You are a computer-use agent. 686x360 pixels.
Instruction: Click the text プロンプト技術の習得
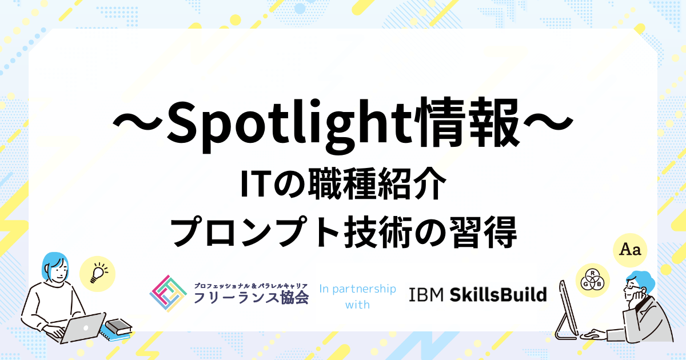pos(344,232)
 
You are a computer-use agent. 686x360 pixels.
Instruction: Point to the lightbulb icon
pos(98,273)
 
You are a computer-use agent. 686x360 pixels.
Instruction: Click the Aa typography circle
pos(630,250)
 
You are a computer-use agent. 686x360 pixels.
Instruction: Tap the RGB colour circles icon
pos(592,280)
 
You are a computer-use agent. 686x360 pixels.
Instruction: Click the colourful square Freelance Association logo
pos(168,293)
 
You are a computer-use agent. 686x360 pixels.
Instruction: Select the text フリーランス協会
pos(252,298)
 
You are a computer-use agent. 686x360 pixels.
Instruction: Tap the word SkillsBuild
pos(498,294)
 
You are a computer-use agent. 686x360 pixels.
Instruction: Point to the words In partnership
pos(357,289)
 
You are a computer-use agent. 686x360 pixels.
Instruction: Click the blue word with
pos(357,305)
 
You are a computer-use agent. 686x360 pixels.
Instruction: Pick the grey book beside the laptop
pos(118,326)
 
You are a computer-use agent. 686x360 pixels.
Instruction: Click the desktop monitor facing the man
pos(567,309)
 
